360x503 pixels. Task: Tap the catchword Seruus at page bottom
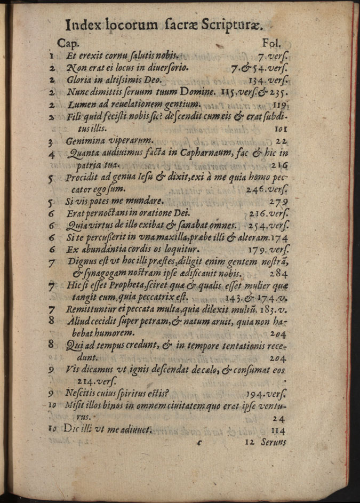tap(274, 442)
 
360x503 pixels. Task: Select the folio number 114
tap(279, 430)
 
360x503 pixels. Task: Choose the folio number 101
tap(281, 129)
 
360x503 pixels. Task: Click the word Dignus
tap(82, 262)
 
